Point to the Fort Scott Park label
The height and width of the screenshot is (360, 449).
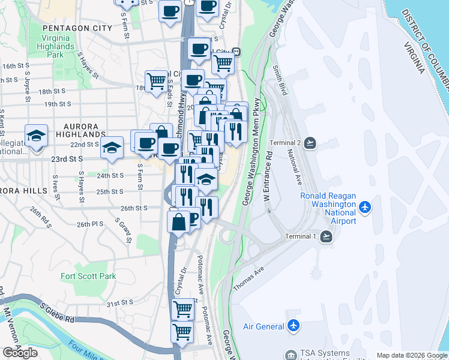88,276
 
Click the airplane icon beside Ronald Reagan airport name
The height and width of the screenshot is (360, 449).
364,208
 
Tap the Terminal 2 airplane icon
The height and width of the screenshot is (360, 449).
310,142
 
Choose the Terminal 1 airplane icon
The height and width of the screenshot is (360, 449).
326,236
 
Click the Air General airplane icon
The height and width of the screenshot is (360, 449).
293,326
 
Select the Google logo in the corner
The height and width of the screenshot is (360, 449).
20,353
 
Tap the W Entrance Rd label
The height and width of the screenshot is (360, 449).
268,179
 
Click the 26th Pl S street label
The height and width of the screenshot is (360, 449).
91,224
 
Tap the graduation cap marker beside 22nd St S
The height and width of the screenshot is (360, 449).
112,146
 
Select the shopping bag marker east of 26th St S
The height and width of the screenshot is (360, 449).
179,222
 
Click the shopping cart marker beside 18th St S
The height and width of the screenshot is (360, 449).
156,80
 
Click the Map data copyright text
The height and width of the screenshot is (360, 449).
412,355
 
